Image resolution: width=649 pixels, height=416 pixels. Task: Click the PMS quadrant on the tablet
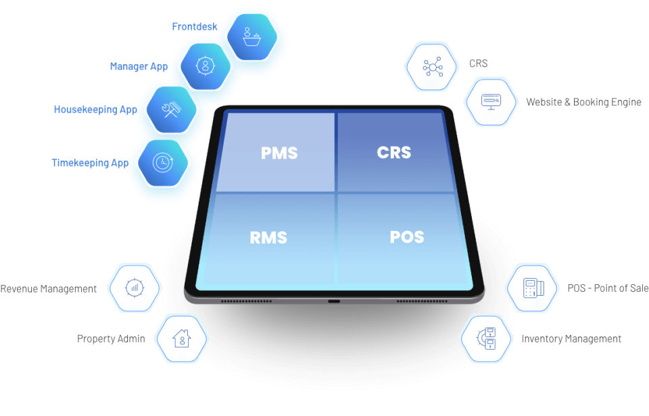pyautogui.click(x=279, y=153)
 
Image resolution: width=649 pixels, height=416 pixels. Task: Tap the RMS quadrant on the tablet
pyautogui.click(x=268, y=237)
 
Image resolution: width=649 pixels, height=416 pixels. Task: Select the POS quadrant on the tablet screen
pyautogui.click(x=407, y=236)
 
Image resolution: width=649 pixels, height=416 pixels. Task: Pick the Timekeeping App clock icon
pyautogui.click(x=162, y=162)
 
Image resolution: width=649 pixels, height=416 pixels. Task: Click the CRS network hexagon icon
pyautogui.click(x=431, y=66)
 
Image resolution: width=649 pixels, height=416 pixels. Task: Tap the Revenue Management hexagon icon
pyautogui.click(x=135, y=288)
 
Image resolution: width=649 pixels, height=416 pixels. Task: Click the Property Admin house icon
pyautogui.click(x=182, y=338)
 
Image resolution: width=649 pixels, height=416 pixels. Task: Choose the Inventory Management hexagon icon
pyautogui.click(x=487, y=338)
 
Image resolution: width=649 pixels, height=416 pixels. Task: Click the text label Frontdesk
pyautogui.click(x=195, y=27)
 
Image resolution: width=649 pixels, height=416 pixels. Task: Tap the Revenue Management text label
pyautogui.click(x=49, y=288)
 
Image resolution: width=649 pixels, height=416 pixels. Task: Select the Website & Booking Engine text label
pyautogui.click(x=583, y=103)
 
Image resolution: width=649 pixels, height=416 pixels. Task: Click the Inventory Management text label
pyautogui.click(x=571, y=338)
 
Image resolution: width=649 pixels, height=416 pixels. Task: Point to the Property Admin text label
pyautogui.click(x=111, y=338)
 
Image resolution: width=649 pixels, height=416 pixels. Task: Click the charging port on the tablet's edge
pyautogui.click(x=334, y=299)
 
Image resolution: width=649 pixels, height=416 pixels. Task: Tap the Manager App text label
pyautogui.click(x=139, y=66)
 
